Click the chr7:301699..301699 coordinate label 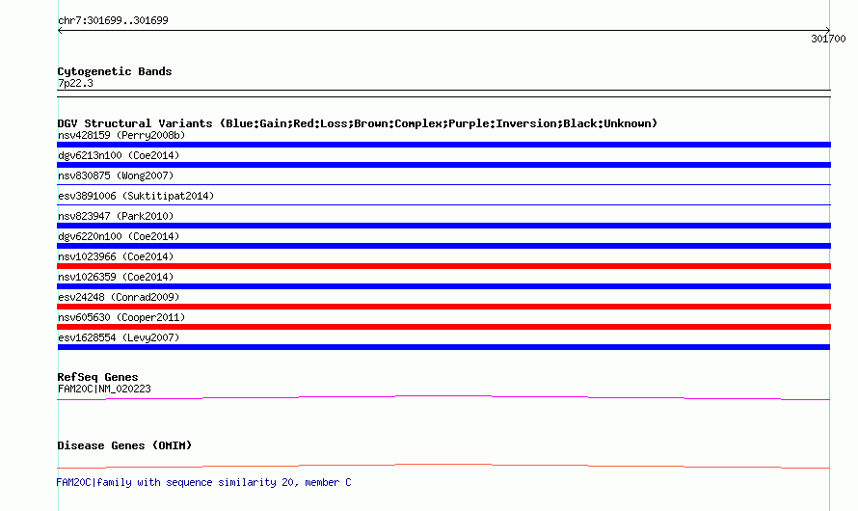coord(113,21)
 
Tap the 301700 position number coord(828,39)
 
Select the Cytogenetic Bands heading coord(115,71)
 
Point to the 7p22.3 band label coord(75,83)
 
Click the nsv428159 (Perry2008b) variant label coord(121,135)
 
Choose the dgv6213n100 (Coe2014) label coord(119,155)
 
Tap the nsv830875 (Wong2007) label coord(116,175)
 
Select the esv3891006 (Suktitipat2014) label coord(136,196)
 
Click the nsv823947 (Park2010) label coord(116,216)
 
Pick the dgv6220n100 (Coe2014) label coord(119,236)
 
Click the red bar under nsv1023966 coord(443,266)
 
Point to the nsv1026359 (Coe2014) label coord(116,277)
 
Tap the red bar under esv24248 coord(443,307)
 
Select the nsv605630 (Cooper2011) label coord(121,317)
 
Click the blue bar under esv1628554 coord(443,347)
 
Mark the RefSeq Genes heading coord(97,377)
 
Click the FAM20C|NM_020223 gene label coord(104,389)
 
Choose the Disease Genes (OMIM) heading coord(124,445)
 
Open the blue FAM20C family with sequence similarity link coord(203,482)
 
